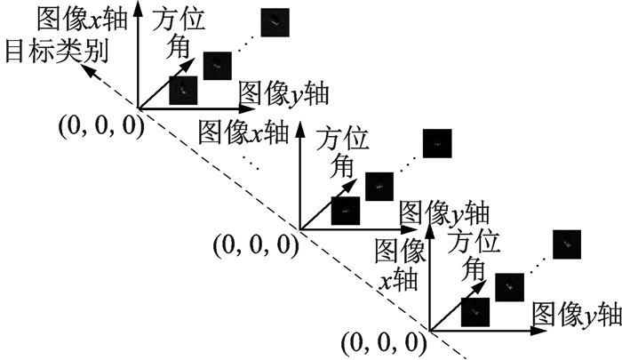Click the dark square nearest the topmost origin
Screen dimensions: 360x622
183,90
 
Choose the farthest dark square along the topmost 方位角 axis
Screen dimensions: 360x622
275,21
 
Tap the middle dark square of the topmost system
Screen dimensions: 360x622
217,65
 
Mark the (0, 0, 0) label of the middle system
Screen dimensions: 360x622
255,243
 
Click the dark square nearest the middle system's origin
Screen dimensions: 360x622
346,212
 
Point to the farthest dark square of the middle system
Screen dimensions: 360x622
436,142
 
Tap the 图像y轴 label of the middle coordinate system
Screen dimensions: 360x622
444,212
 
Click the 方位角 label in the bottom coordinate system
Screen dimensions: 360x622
474,252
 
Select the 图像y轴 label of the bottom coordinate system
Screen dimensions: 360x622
577,313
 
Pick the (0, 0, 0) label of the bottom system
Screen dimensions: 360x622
385,342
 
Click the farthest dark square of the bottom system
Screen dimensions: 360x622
566,242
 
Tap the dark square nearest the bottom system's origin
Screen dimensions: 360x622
475,312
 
